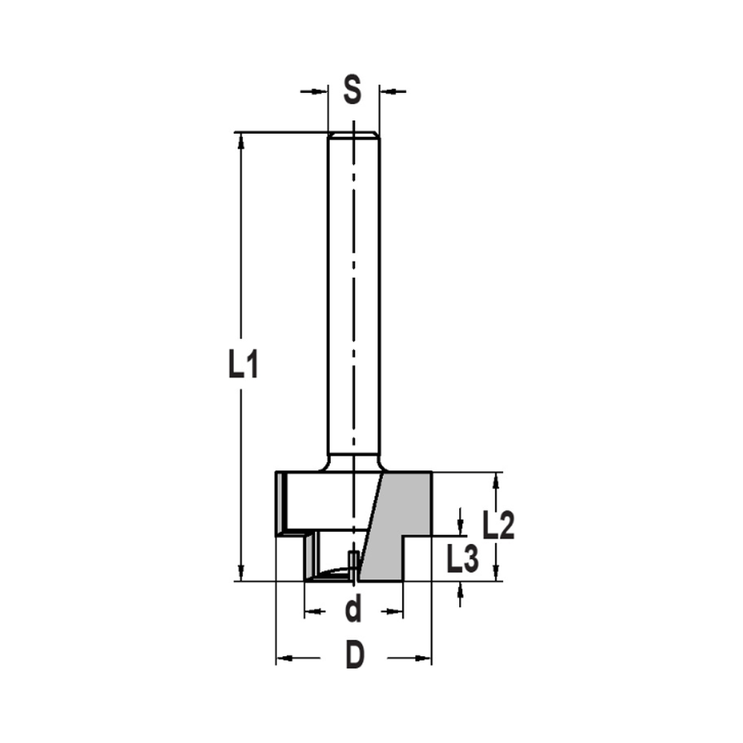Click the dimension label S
(353, 91)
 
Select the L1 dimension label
(242, 365)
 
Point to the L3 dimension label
(462, 559)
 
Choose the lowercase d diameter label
(354, 611)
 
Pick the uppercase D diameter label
(355, 657)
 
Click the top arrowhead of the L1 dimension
(241, 140)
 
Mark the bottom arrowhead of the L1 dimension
(241, 572)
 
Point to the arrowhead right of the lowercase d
(395, 612)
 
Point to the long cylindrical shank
(354, 297)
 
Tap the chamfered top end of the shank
(354, 135)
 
